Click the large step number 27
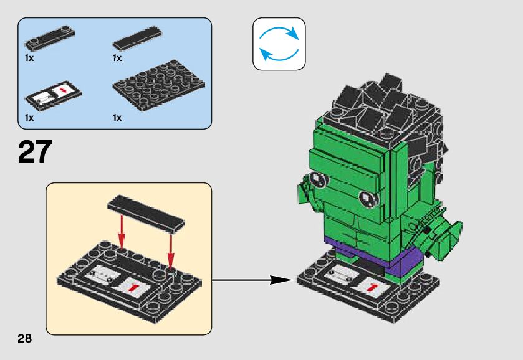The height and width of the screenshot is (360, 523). pyautogui.click(x=36, y=152)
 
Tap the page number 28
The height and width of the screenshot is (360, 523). pyautogui.click(x=24, y=338)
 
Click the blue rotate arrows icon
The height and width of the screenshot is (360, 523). pyautogui.click(x=279, y=44)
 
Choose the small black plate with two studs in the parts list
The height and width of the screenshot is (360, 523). pyautogui.click(x=50, y=39)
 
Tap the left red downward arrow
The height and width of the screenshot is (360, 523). pyautogui.click(x=122, y=231)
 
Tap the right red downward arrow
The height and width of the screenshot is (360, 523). pyautogui.click(x=170, y=249)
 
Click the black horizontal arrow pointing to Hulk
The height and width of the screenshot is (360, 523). pyautogui.click(x=252, y=280)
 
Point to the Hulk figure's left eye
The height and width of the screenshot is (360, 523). pyautogui.click(x=317, y=180)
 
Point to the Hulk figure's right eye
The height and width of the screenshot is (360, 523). pyautogui.click(x=368, y=199)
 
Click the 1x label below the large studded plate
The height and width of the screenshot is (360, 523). pyautogui.click(x=117, y=118)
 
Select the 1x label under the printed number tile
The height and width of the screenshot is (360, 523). pyautogui.click(x=29, y=118)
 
